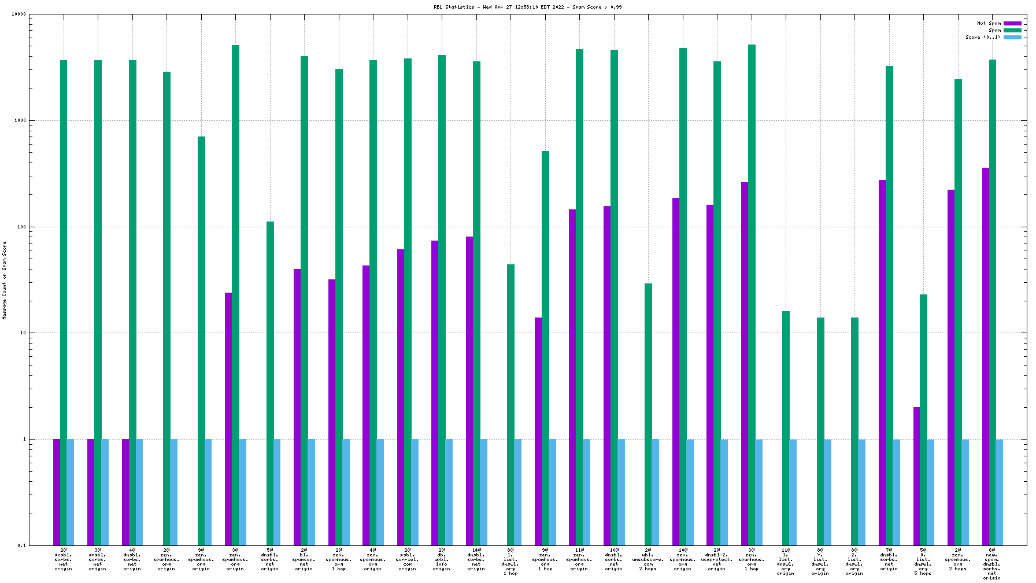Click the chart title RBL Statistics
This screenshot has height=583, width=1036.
pos(528,7)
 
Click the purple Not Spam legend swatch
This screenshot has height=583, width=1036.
pos(1012,24)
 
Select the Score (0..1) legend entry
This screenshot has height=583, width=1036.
pos(982,37)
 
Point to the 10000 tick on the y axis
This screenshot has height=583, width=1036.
pos(19,14)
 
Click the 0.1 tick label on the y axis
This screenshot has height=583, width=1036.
pos(21,545)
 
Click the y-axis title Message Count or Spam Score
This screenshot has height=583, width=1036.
pos(5,281)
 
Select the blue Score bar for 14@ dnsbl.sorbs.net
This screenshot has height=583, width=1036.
pos(483,492)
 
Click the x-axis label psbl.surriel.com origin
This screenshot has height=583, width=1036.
pos(408,559)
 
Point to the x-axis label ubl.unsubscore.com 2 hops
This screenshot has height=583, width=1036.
pos(648,559)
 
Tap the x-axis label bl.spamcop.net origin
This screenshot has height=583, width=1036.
pos(304,559)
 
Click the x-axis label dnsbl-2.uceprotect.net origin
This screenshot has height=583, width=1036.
pos(717,559)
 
